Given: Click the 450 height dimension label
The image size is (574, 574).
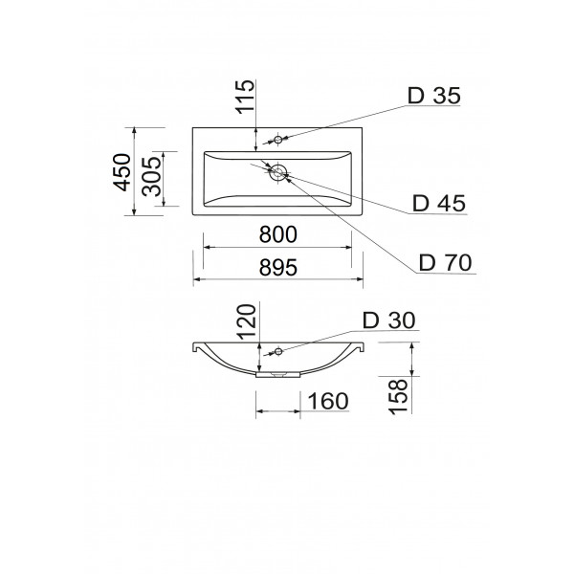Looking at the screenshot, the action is (121, 172).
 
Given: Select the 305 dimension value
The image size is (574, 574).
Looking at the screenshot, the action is (151, 176).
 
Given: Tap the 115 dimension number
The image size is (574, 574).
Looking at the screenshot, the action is (245, 97).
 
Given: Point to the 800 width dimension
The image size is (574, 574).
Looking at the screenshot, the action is (277, 234).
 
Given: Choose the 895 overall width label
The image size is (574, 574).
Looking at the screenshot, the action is (277, 267).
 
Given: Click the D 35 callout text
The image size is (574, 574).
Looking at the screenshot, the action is (433, 96).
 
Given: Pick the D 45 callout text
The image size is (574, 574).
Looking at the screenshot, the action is (439, 203).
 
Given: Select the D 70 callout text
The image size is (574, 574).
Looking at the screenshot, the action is (445, 262).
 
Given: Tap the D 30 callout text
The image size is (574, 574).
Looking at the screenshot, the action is (388, 320).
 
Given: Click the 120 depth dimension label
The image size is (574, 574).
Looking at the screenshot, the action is (247, 321).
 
